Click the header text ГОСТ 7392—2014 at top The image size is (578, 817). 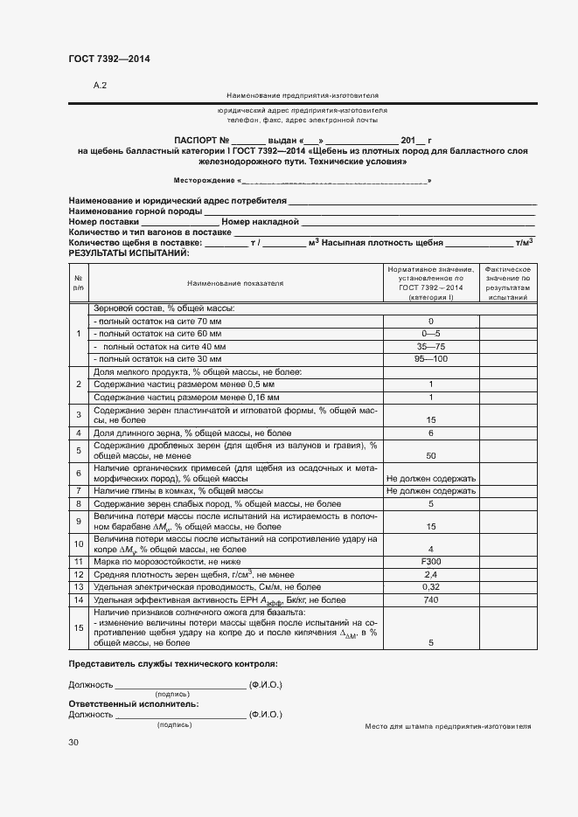pyautogui.click(x=109, y=59)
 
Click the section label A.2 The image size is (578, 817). pyautogui.click(x=100, y=86)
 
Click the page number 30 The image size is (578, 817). pyautogui.click(x=73, y=742)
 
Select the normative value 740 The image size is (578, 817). pyautogui.click(x=431, y=600)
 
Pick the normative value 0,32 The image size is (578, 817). pyautogui.click(x=431, y=587)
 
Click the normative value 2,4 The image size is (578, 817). pyautogui.click(x=431, y=574)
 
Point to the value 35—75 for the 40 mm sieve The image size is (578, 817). pyautogui.click(x=431, y=347)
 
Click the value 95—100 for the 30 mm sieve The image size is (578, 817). pyautogui.click(x=431, y=359)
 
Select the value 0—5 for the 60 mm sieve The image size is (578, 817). pyautogui.click(x=431, y=334)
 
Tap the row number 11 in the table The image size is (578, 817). pyautogui.click(x=79, y=560)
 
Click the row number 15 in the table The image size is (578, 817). pyautogui.click(x=79, y=627)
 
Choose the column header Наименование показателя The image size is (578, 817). pyautogui.click(x=235, y=283)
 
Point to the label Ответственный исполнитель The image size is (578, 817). pyautogui.click(x=133, y=703)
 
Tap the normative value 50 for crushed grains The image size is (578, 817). pyautogui.click(x=431, y=455)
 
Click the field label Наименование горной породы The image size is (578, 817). pyautogui.click(x=135, y=211)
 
